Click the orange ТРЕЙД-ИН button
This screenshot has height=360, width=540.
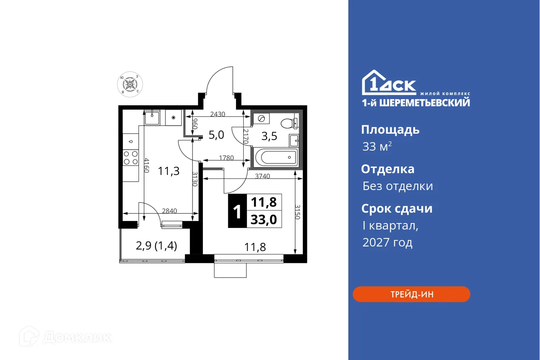(411, 294)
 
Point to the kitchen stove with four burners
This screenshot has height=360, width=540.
(130, 157)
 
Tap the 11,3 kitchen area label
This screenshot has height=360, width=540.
(168, 171)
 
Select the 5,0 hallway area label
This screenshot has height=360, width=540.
(216, 135)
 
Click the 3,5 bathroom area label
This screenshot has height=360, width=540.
(269, 136)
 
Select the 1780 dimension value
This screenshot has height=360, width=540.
(226, 158)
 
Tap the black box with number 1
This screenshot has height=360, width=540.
(237, 211)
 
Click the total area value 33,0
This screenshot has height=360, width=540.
(263, 220)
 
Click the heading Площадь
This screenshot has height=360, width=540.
(390, 130)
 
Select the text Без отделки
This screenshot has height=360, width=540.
(397, 186)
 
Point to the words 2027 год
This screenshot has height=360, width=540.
(387, 242)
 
